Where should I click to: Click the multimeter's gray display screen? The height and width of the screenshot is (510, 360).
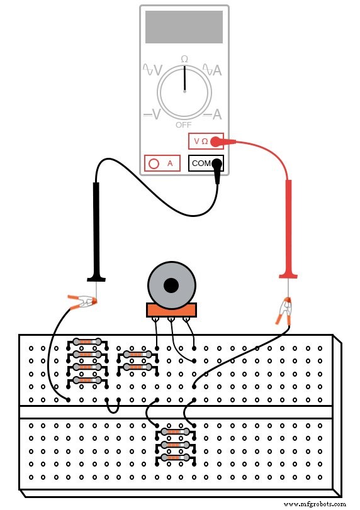coord(184,26)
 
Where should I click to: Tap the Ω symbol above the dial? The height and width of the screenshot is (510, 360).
coord(184,59)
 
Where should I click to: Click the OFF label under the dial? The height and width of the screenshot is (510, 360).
coord(184,125)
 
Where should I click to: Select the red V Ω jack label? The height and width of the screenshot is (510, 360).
coord(201,141)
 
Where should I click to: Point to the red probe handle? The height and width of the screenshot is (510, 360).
coord(289,226)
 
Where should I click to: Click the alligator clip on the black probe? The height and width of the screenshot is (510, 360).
coord(81,304)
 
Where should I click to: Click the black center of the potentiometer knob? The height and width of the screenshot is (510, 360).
coord(171,286)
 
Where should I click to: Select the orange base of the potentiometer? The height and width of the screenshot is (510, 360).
coord(171,309)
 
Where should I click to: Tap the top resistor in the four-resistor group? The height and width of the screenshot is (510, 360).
coord(87,342)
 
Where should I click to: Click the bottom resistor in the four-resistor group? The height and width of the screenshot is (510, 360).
coord(87,380)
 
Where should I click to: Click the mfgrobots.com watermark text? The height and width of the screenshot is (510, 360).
coord(314,504)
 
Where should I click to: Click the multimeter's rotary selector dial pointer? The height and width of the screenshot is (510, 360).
coord(184,79)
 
